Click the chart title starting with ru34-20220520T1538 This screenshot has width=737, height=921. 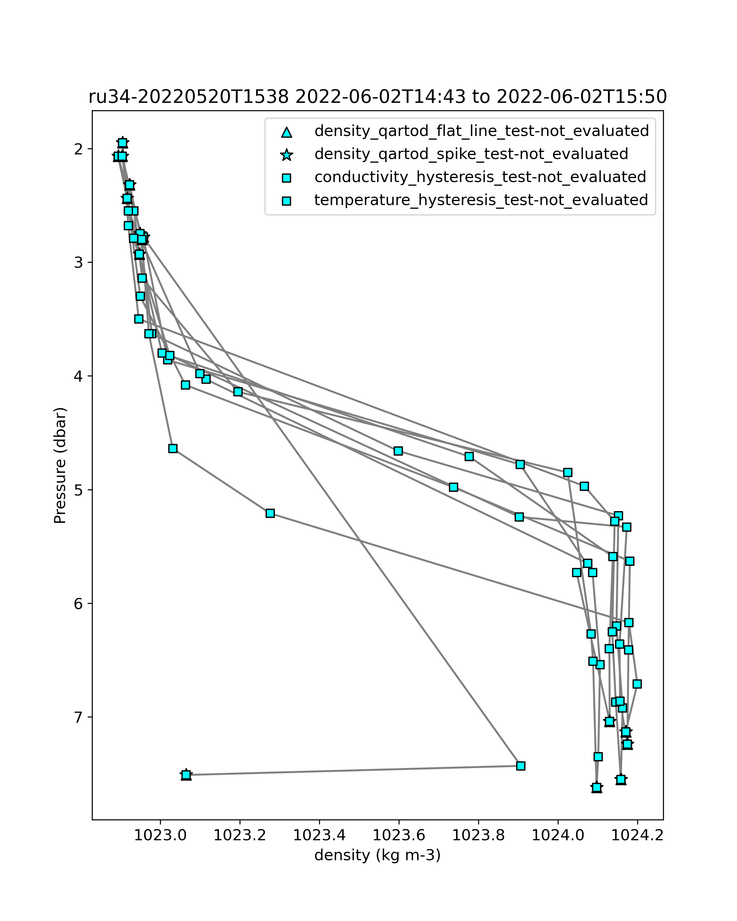pos(377,97)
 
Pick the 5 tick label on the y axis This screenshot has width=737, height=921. pos(79,490)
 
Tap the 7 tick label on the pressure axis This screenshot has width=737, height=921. pos(79,717)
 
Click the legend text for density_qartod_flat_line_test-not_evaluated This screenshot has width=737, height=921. pos(482,131)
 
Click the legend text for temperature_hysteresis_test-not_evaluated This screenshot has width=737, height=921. pos(481,200)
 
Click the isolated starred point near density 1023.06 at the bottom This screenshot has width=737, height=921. pos(186,775)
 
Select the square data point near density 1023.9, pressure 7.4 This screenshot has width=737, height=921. pos(521,766)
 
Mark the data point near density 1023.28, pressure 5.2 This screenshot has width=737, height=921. pos(270,513)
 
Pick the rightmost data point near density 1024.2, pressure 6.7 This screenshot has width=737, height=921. pos(637,684)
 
